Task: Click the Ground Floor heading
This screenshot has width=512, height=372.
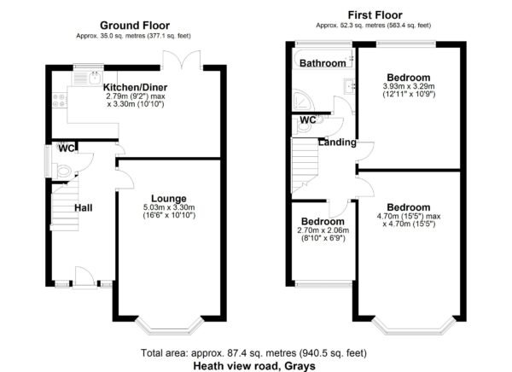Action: click(x=135, y=25)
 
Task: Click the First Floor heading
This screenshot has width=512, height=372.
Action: click(x=375, y=15)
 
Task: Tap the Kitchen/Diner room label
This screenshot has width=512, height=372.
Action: click(x=135, y=87)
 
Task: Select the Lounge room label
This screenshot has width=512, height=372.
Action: click(x=169, y=198)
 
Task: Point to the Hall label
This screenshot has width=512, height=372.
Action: click(x=84, y=207)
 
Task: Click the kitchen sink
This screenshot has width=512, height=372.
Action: click(x=88, y=78)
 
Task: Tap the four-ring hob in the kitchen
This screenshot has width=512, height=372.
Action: click(x=59, y=101)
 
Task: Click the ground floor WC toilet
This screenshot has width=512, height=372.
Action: click(x=63, y=171)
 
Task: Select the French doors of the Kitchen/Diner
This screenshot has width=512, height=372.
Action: click(x=181, y=60)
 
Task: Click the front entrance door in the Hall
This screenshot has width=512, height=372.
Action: click(x=84, y=276)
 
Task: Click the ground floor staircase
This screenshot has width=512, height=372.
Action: click(x=65, y=204)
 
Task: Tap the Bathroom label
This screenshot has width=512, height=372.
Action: click(x=323, y=63)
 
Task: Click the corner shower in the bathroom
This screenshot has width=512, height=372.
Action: click(x=303, y=100)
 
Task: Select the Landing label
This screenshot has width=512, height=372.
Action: click(x=337, y=142)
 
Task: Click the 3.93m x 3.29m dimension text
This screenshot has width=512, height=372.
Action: click(x=409, y=86)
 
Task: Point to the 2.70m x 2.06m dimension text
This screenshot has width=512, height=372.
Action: click(x=323, y=230)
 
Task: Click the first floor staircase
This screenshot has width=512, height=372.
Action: click(x=305, y=165)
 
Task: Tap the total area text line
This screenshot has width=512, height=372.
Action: click(x=253, y=353)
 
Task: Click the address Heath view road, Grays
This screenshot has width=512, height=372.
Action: click(x=254, y=366)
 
